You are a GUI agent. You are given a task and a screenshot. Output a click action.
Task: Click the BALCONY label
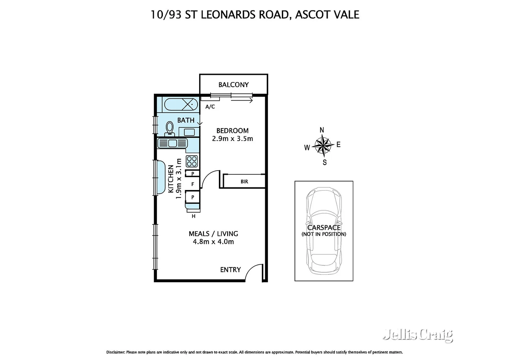click(x=233, y=85)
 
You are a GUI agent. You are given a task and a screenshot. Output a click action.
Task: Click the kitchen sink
click(x=173, y=143)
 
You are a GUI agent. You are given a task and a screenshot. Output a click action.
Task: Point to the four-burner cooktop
click(x=192, y=161)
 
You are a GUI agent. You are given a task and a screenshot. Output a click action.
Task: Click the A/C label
click(x=210, y=107)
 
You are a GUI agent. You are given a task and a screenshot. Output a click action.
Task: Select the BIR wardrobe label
click(x=244, y=182)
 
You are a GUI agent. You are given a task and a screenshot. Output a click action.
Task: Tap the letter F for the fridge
click(x=193, y=184)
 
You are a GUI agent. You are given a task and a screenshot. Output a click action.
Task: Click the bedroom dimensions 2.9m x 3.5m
click(x=233, y=139)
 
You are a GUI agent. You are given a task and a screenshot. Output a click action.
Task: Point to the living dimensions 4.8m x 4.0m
click(x=213, y=242)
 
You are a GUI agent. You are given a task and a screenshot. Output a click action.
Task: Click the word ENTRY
click(x=230, y=270)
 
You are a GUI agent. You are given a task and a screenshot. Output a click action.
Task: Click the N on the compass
click(x=322, y=130)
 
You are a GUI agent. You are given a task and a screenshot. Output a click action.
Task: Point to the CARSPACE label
click(x=324, y=228)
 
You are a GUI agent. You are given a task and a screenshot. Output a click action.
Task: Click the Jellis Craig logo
click(x=418, y=335)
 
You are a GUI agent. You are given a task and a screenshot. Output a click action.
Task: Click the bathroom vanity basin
click(x=189, y=132)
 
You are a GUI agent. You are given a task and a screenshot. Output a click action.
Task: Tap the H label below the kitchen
click(x=193, y=216)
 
